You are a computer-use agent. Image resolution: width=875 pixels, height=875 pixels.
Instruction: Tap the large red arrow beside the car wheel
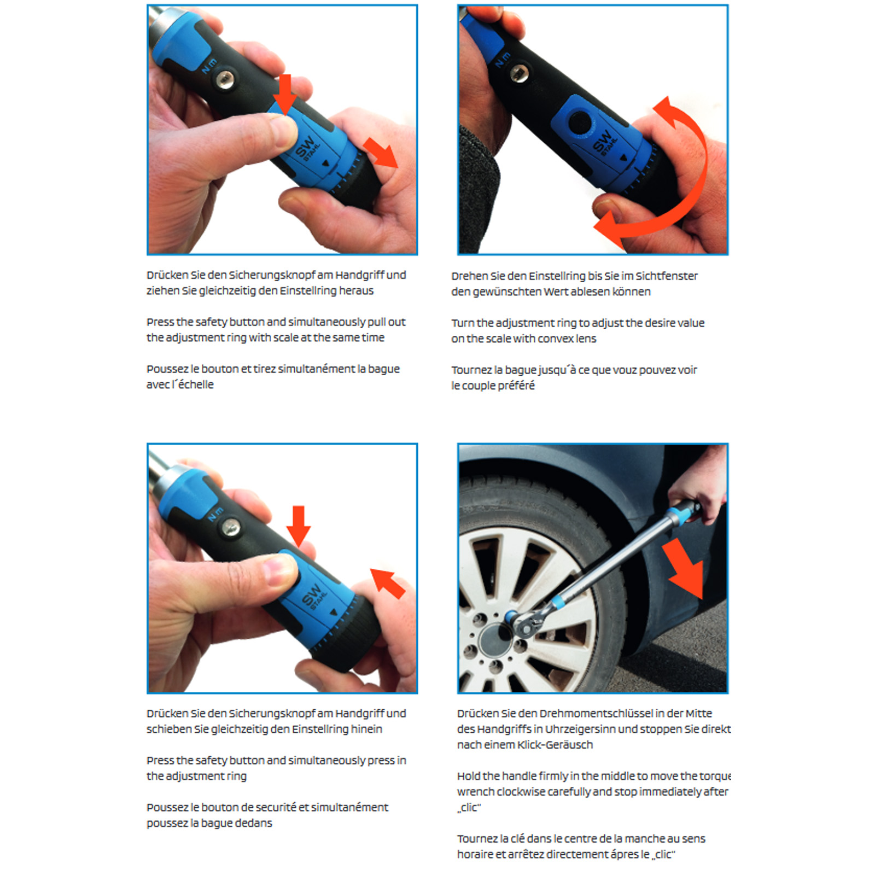click(685, 569)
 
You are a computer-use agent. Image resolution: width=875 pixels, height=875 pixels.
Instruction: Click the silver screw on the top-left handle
click(224, 80)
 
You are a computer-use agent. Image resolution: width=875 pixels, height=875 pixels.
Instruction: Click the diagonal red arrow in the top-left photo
click(381, 153)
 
